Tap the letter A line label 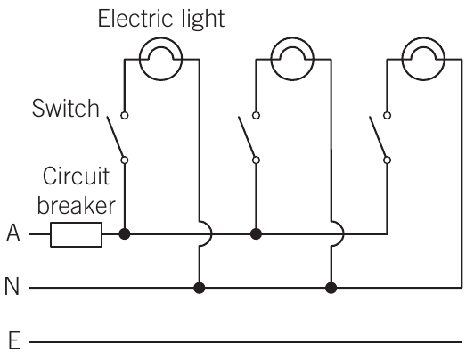13,233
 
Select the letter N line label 12,286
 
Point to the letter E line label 14,340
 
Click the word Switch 66,108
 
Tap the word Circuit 76,176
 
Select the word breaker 77,206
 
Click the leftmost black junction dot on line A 125,234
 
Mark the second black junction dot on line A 256,234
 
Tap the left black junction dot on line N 200,288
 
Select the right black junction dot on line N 331,288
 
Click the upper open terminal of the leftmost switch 124,115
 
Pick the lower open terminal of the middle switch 256,160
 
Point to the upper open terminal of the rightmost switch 387,115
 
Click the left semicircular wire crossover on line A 212,234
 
